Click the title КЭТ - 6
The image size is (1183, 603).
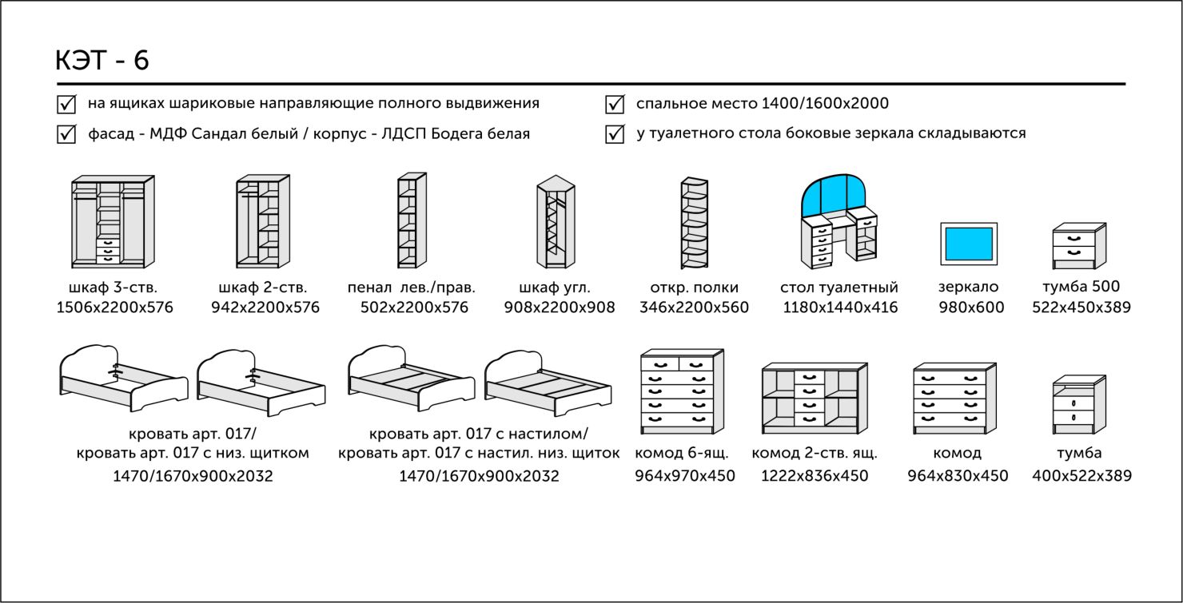[102, 61]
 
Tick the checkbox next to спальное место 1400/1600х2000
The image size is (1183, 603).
[615, 104]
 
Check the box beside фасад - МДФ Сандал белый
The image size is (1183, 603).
[66, 133]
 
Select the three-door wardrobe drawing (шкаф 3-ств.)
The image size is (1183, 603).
[113, 221]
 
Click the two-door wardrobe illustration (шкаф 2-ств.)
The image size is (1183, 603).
[263, 221]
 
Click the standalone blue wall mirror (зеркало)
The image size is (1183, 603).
[969, 243]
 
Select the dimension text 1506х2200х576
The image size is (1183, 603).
[114, 307]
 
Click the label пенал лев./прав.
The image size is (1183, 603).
[412, 288]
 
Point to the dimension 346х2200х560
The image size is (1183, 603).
[694, 307]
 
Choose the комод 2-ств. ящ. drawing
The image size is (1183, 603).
[814, 397]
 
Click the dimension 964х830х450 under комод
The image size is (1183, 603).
[958, 476]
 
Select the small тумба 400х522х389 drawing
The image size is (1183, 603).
[1079, 406]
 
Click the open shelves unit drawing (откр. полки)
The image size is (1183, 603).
[694, 223]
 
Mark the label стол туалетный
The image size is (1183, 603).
[839, 288]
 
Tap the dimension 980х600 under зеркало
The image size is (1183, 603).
[970, 307]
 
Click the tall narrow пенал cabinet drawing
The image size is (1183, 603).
[412, 221]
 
